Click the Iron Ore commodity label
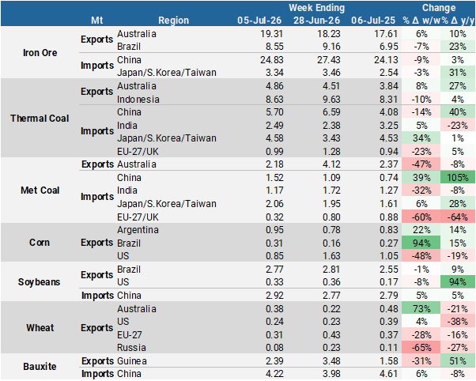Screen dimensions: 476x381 tap(40, 52)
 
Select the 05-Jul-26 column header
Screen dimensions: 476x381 tap(259, 21)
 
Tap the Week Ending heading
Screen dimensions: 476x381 tap(316, 8)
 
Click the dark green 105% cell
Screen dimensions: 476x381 tap(458, 177)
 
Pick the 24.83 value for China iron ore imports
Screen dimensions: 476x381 tap(272, 60)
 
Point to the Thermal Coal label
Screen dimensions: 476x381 tap(40, 118)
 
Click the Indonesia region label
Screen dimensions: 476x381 tap(138, 100)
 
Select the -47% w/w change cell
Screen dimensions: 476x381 tap(421, 164)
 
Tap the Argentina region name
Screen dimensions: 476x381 tap(138, 230)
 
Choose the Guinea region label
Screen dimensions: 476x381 tap(132, 361)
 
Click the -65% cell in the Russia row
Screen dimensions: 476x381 tap(421, 347)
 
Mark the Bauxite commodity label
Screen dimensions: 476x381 tap(40, 367)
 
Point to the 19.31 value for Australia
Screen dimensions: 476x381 tap(272, 34)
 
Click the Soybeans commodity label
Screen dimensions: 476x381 tap(40, 282)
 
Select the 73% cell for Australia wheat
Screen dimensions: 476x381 tap(421, 308)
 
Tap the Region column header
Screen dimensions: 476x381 tap(174, 21)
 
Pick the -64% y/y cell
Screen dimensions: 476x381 tap(458, 217)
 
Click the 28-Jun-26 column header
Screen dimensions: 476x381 tap(316, 21)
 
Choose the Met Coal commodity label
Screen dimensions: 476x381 tap(40, 190)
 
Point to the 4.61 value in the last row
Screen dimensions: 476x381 tap(388, 374)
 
